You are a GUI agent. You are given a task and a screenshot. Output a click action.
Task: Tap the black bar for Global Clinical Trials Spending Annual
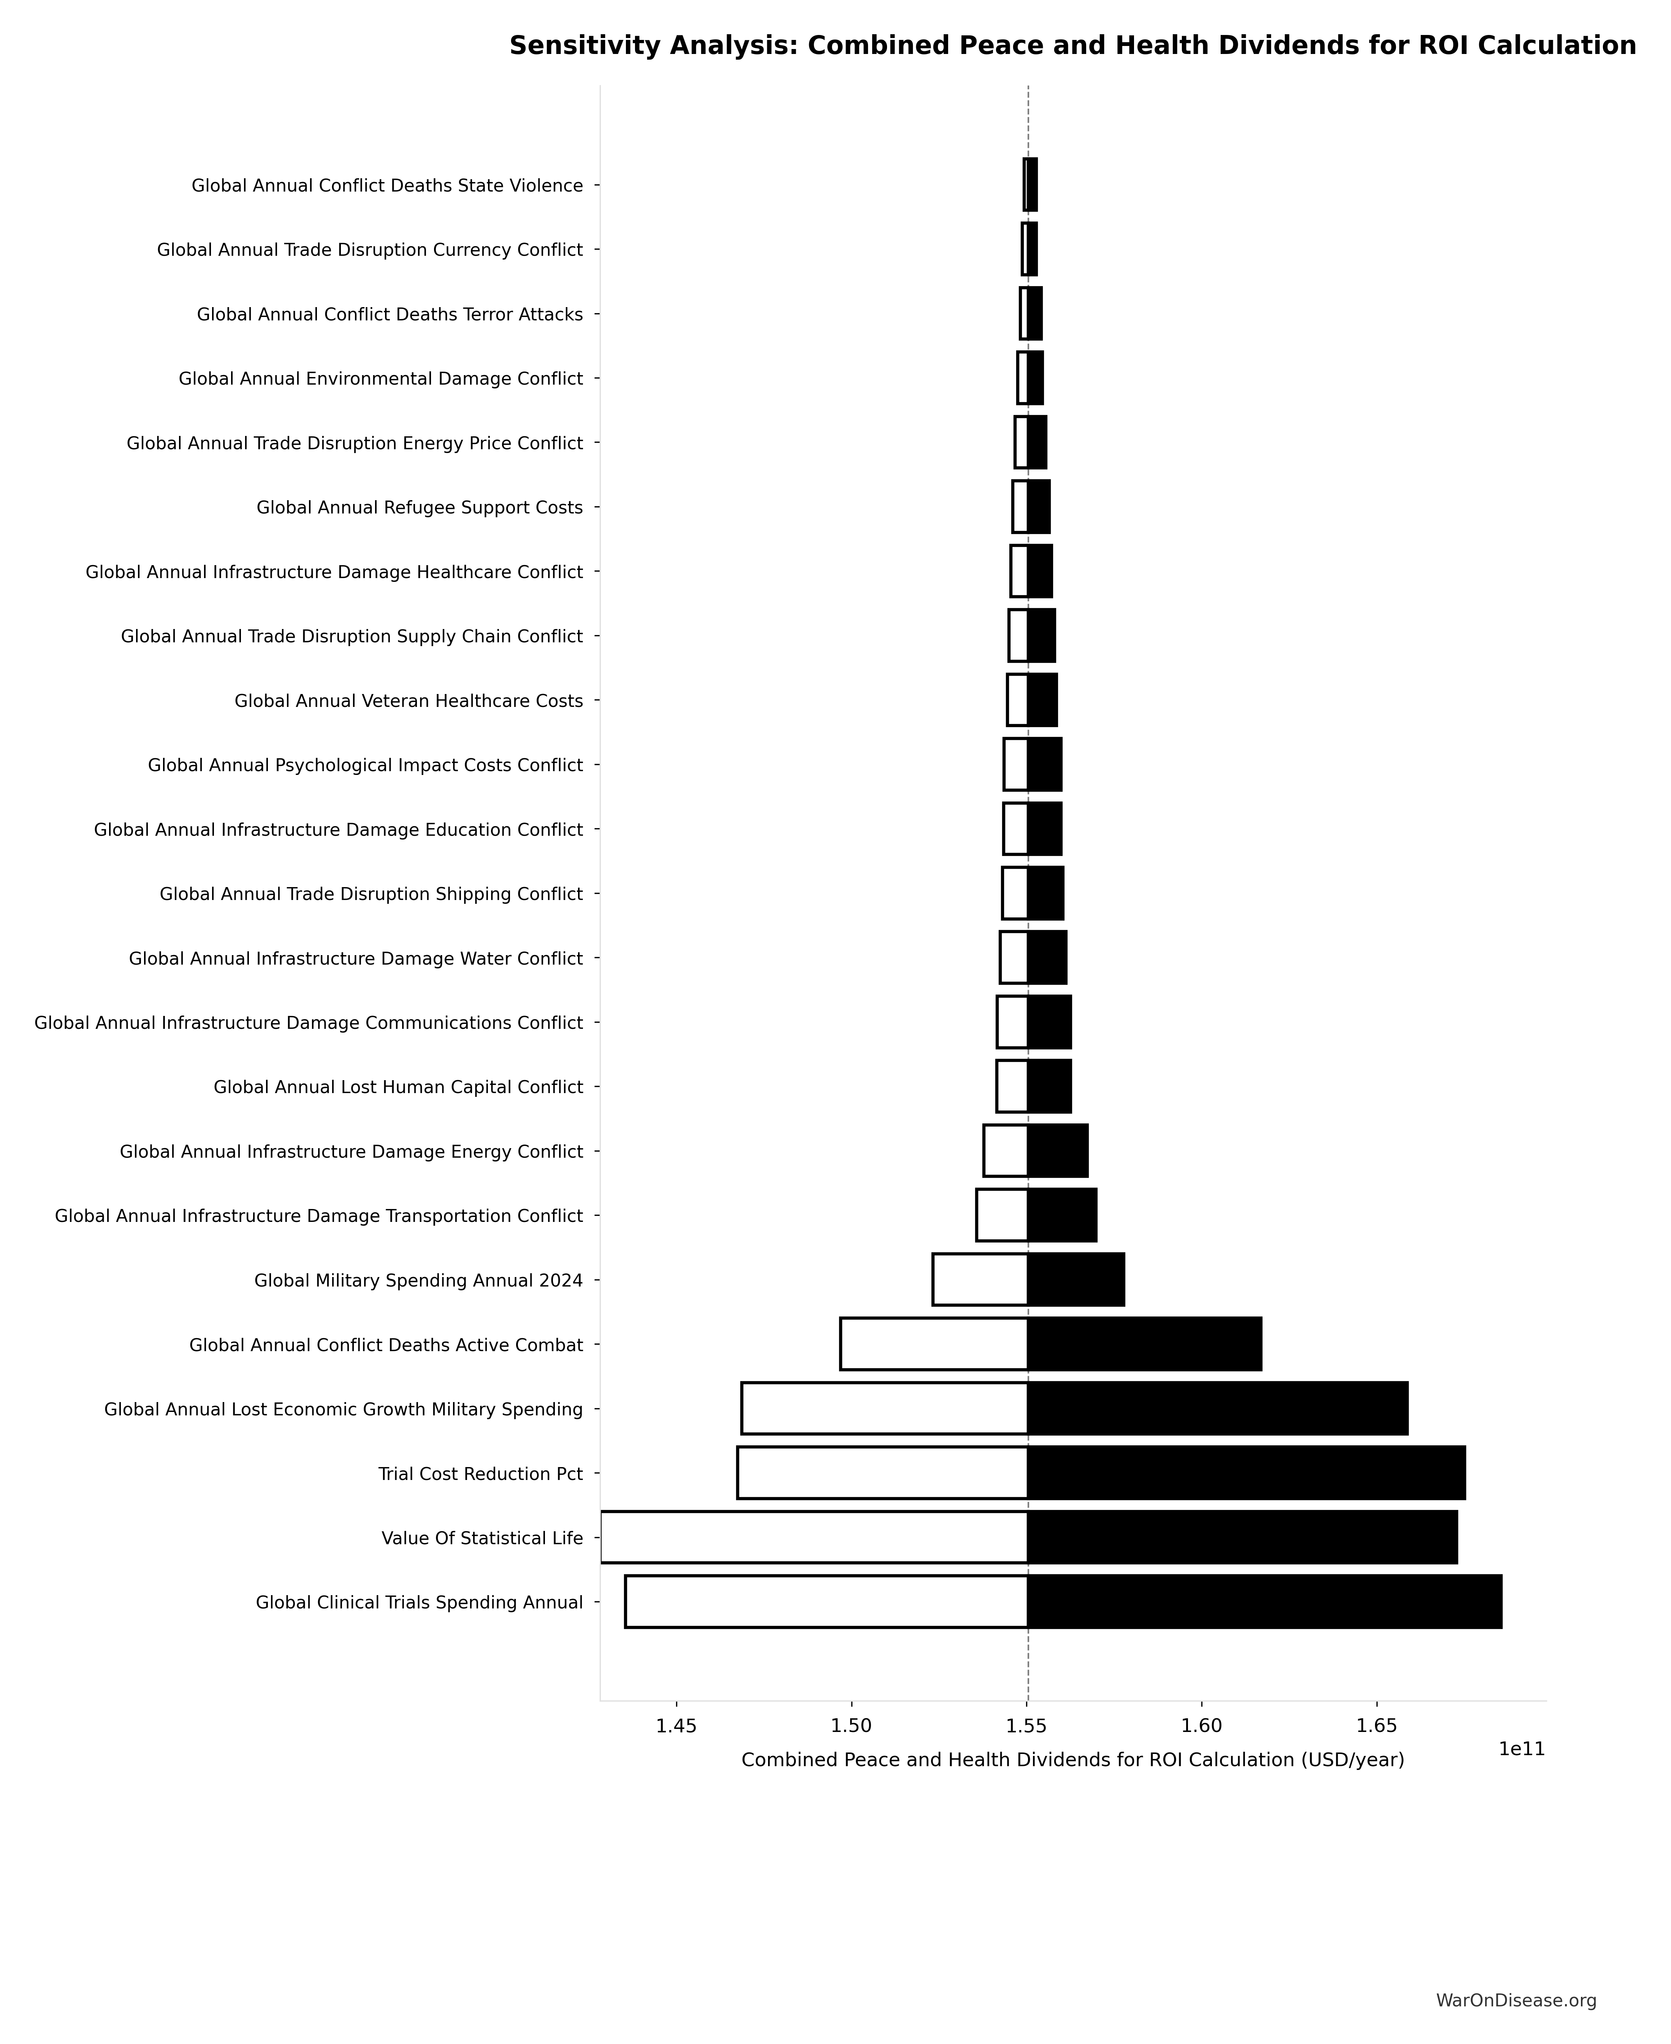[x=1264, y=1602]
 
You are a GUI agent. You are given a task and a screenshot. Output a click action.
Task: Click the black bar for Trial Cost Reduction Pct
[x=1245, y=1473]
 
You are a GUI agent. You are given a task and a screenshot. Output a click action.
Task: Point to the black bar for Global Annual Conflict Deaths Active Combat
[x=1144, y=1344]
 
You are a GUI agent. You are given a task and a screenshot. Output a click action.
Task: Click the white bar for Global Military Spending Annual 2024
[x=980, y=1280]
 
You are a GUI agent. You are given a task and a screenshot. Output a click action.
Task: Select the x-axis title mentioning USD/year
[x=1072, y=1760]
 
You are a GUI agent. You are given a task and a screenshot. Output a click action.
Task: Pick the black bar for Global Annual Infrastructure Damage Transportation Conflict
[x=1062, y=1215]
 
